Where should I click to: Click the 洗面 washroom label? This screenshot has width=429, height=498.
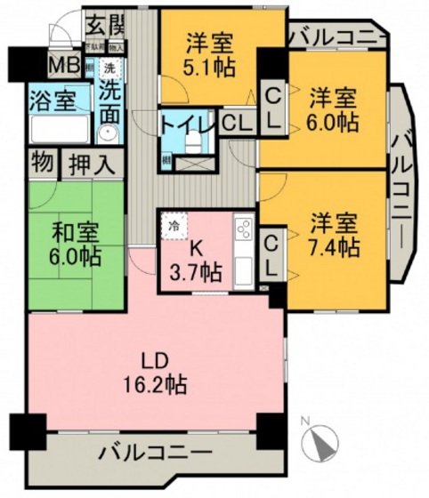point(110,100)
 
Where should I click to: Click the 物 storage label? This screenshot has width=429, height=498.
point(41,163)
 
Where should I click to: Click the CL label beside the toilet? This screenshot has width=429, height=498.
point(235,124)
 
